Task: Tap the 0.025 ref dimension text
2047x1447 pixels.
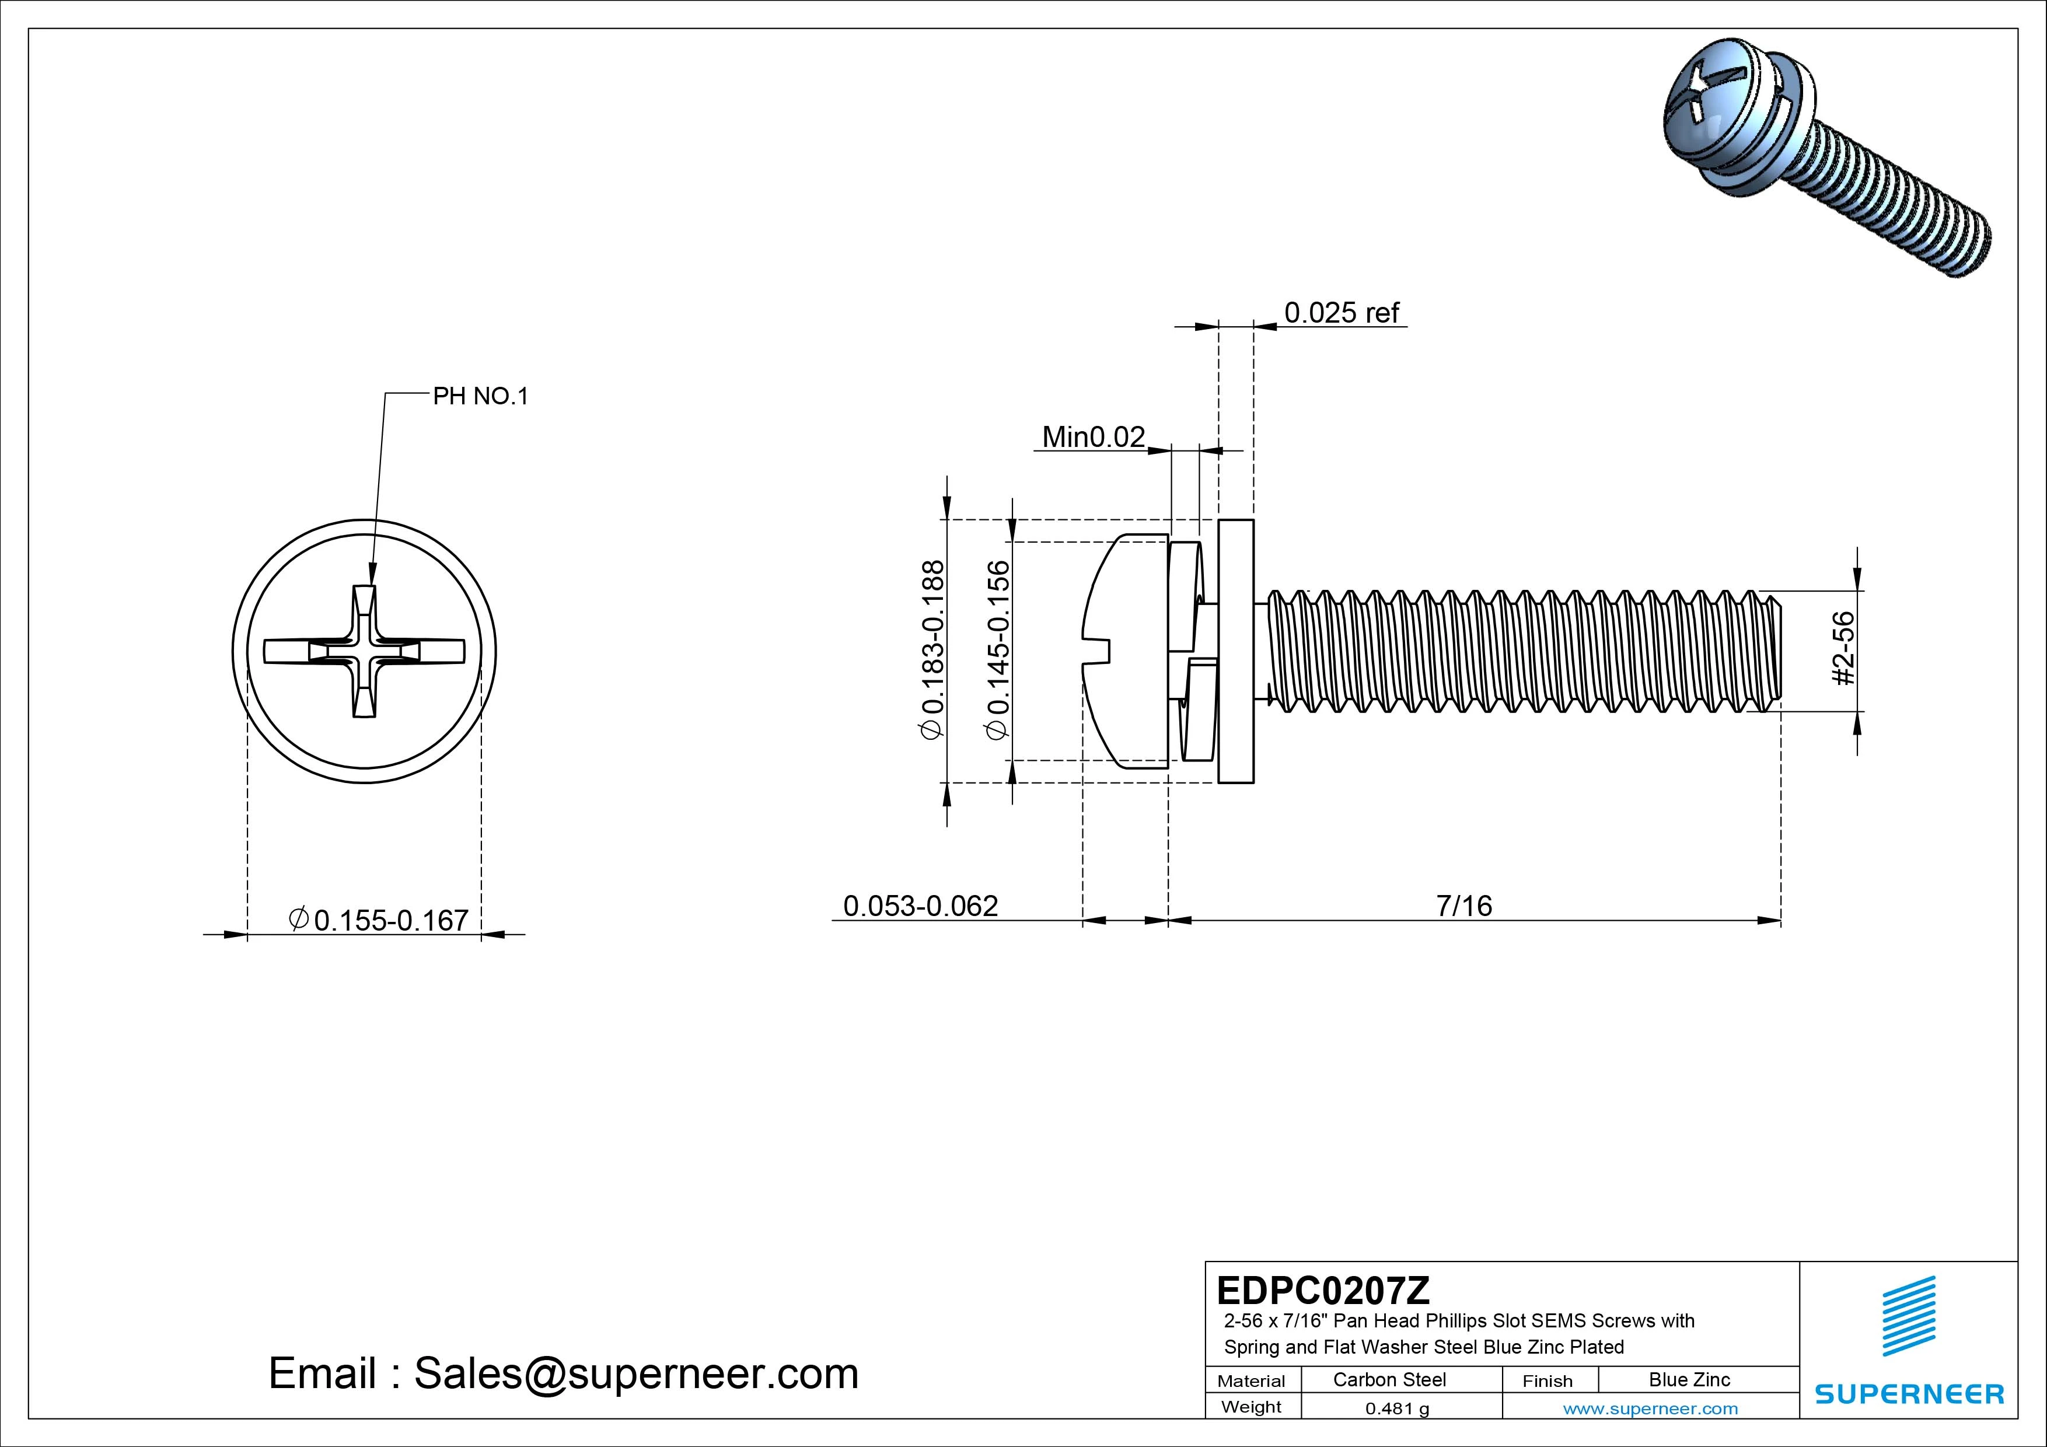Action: (1341, 313)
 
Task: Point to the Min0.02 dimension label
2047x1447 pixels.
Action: (1093, 437)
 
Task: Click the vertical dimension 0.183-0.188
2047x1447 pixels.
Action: (932, 649)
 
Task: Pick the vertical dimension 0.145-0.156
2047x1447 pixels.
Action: (998, 649)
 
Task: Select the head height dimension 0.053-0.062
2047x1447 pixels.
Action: (920, 906)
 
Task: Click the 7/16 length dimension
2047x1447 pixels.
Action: (1463, 906)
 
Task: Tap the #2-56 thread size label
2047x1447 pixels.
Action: (1844, 648)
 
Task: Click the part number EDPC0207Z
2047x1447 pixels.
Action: (1323, 1290)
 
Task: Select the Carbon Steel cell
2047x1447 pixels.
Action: (1389, 1379)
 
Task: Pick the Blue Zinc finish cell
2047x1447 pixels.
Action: (1689, 1379)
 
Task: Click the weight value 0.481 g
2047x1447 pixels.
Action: (1396, 1408)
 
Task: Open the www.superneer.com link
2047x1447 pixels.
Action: (1650, 1408)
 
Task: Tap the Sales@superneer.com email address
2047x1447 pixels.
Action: (635, 1373)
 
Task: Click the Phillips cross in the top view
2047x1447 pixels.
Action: (365, 652)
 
